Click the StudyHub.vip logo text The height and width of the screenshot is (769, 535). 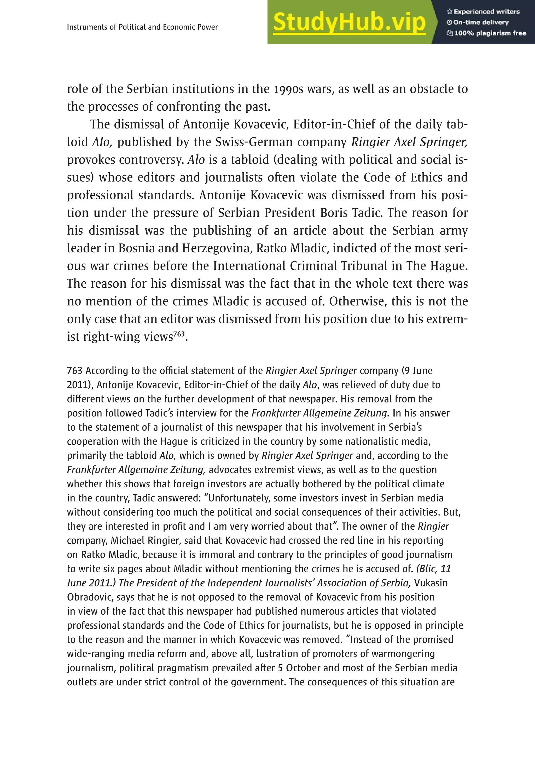[349, 22]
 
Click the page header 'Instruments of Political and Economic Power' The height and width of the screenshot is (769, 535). [142, 27]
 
